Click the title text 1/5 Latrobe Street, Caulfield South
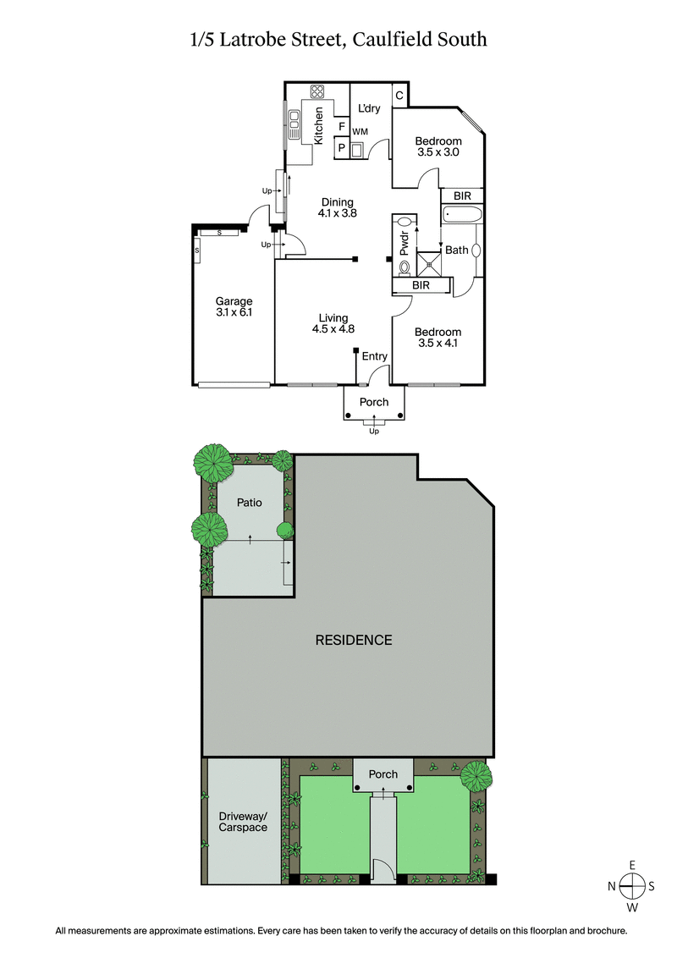(x=338, y=39)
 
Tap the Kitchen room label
(x=319, y=124)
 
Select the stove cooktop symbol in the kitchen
(x=317, y=91)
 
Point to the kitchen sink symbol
(x=294, y=124)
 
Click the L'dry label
(x=369, y=108)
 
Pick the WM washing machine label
(x=360, y=131)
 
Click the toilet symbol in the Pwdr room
(x=405, y=267)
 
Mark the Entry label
(x=375, y=356)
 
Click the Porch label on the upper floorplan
(x=374, y=402)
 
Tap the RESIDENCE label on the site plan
(x=354, y=640)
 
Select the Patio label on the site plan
(x=250, y=503)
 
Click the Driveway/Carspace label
(x=243, y=821)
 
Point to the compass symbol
(x=631, y=886)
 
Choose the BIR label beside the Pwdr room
(x=421, y=286)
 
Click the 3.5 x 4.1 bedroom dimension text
(x=438, y=344)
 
